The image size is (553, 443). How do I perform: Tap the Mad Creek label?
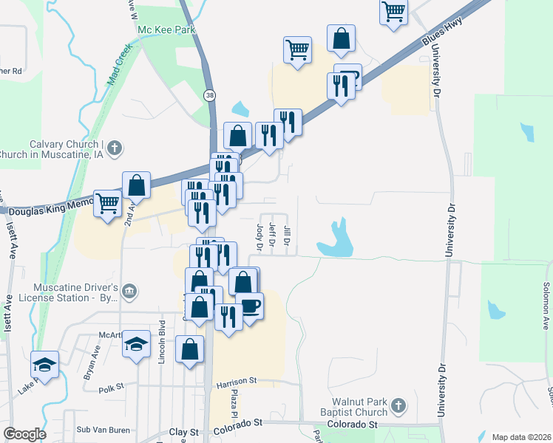(x=118, y=65)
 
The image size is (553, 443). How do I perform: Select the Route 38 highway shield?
(x=211, y=95)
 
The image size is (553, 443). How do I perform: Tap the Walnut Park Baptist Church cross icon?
(x=398, y=405)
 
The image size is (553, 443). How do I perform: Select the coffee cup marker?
(x=250, y=305)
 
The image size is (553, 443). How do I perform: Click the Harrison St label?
(x=236, y=382)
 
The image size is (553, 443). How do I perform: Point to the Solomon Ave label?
(x=546, y=295)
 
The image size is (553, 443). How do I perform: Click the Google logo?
(x=24, y=434)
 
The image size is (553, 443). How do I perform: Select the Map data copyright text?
(x=520, y=437)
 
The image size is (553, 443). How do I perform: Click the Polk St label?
(x=109, y=388)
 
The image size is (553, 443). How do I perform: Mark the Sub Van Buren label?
(x=104, y=430)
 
